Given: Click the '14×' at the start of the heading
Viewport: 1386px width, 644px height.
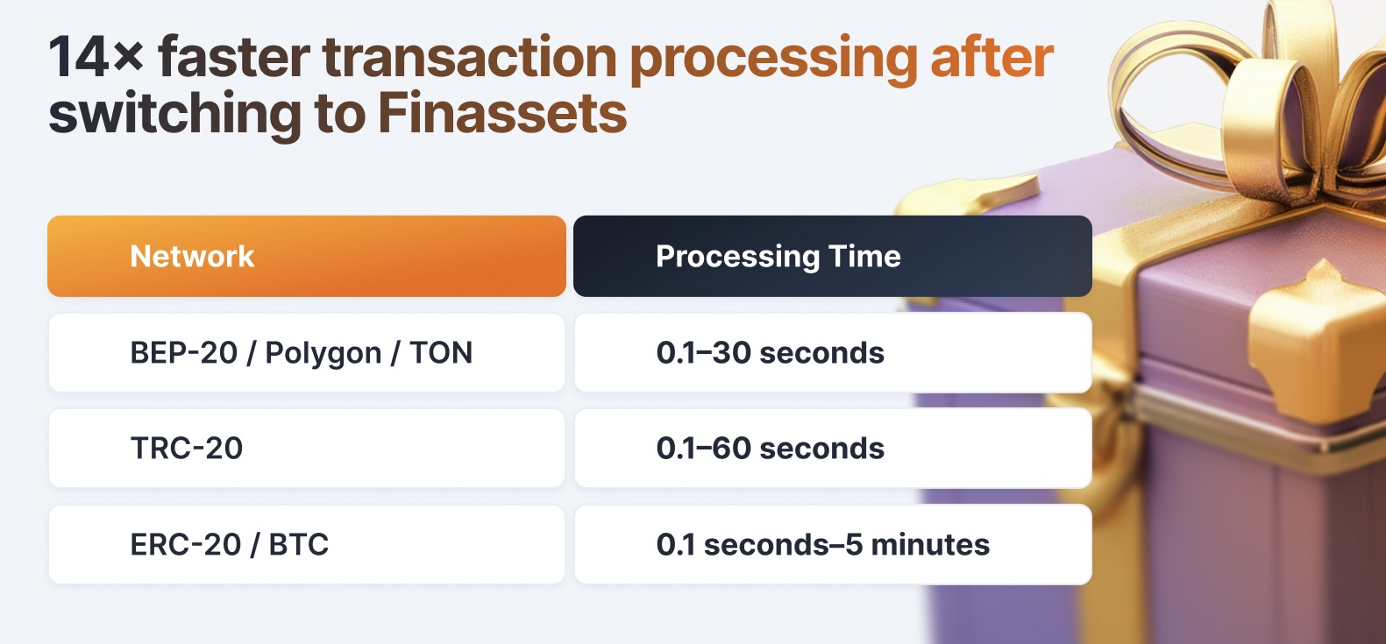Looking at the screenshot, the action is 96,58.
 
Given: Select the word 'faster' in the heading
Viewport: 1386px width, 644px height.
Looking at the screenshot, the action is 234,57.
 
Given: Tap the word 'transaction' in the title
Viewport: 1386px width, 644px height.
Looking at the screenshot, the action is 470,58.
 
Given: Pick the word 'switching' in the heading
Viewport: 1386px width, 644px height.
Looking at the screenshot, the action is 175,116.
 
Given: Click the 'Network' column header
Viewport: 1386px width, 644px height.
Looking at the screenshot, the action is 192,256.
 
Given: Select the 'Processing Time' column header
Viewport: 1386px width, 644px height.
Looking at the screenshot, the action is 778,257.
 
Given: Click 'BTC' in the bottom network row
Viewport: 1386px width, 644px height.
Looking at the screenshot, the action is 299,544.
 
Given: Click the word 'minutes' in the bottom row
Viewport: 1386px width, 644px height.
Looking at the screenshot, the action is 930,545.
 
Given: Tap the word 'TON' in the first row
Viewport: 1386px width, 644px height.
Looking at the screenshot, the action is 441,353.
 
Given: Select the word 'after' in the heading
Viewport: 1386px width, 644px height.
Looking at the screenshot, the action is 992,57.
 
